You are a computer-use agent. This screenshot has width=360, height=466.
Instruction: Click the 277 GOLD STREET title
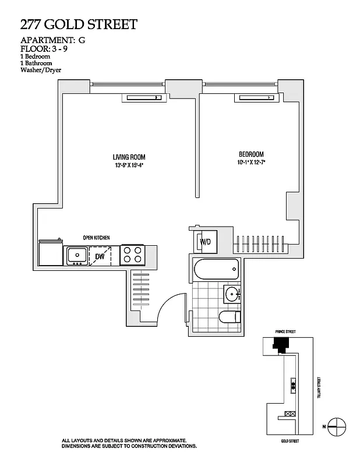79,24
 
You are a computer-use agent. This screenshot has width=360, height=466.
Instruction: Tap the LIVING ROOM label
129,157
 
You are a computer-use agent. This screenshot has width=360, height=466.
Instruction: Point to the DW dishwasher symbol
100,255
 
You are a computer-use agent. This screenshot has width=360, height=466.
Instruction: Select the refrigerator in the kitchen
50,254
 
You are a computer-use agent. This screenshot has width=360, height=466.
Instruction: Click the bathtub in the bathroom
216,270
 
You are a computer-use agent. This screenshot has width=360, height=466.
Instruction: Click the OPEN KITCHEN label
96,238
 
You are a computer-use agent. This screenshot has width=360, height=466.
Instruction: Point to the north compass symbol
335,426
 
